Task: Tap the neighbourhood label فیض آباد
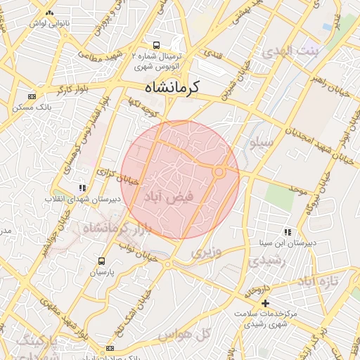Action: pyautogui.click(x=168, y=199)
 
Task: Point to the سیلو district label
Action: pyautogui.click(x=262, y=143)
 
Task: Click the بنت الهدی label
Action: pyautogui.click(x=288, y=52)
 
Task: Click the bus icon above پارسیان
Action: pyautogui.click(x=103, y=260)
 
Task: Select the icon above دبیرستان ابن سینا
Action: pyautogui.click(x=288, y=231)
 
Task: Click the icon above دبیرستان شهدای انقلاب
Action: pyautogui.click(x=82, y=188)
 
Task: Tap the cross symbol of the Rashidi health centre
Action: pyautogui.click(x=265, y=302)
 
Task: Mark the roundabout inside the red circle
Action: pyautogui.click(x=219, y=172)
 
